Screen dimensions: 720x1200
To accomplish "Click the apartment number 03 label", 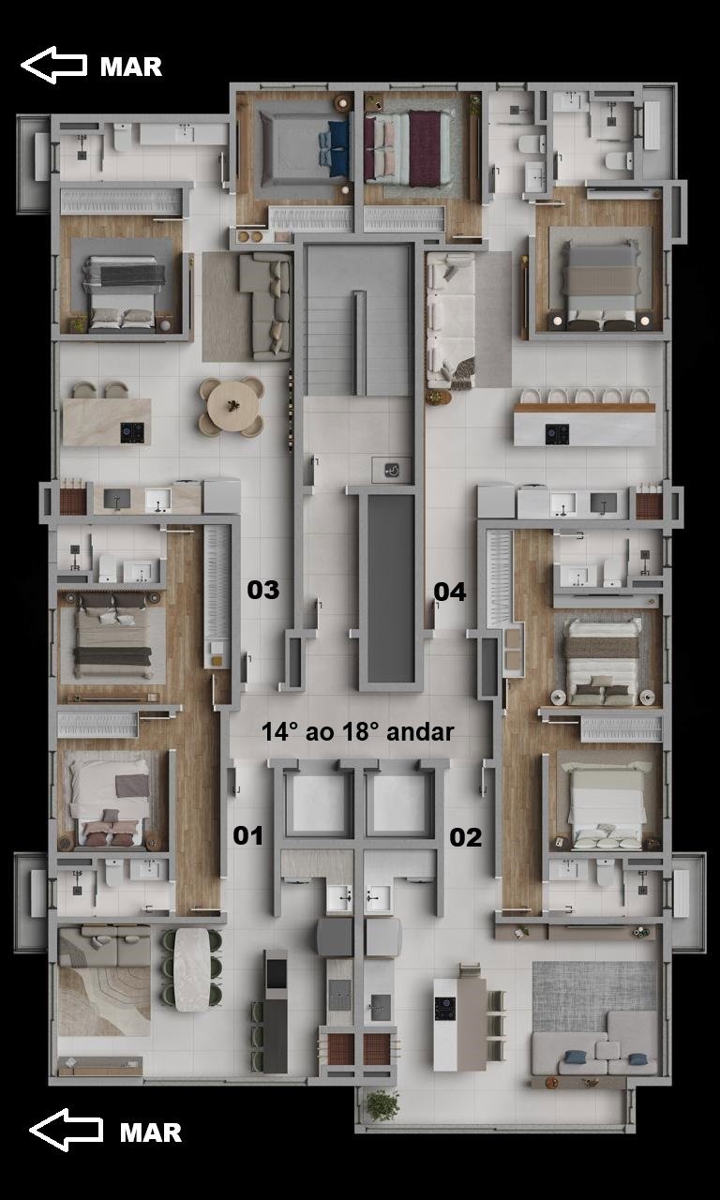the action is pos(263,590).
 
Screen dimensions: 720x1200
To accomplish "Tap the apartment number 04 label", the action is pos(449,592).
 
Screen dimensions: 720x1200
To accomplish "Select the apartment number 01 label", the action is pos(248,835).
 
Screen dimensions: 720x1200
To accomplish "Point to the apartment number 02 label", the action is pos(466,837).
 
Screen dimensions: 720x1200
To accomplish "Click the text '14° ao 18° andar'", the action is pos(358,732).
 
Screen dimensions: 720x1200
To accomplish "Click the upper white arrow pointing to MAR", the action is pos(53,65).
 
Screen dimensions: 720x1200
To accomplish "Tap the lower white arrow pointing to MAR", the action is pos(66,1130).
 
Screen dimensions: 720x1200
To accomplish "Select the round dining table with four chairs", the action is pos(232,407).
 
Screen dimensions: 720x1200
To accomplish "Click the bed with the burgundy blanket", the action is pos(410,148).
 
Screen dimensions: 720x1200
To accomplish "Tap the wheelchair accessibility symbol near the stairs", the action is pos(392,471).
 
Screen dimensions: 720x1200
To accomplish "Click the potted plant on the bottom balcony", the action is pos(382,1105).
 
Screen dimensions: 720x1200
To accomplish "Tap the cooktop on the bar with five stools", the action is pos(557,434).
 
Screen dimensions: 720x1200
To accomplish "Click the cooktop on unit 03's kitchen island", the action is pos(132,433).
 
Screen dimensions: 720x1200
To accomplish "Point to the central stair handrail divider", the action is pos(359,343).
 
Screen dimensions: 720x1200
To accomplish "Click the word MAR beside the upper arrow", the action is pos(131,67).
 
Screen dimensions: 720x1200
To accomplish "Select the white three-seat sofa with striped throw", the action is pos(451,320).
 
